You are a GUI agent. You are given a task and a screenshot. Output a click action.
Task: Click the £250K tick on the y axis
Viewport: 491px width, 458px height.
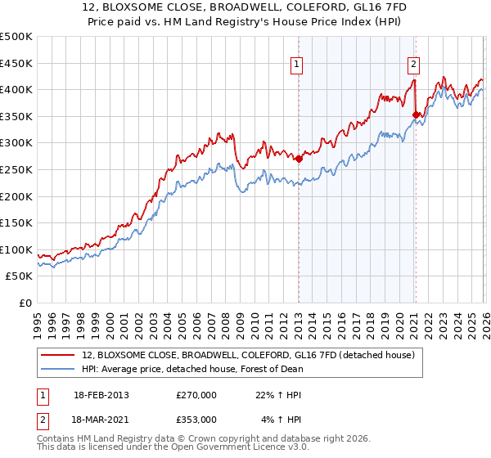click(x=16, y=169)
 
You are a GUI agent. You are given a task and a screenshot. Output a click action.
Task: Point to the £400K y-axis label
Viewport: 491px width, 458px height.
click(x=16, y=89)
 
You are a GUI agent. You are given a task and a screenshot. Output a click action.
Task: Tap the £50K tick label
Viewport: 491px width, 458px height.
click(x=20, y=276)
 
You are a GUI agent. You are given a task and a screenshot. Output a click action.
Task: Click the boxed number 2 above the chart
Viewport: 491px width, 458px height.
click(x=414, y=63)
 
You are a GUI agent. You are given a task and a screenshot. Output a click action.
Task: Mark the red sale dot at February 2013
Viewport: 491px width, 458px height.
click(x=299, y=159)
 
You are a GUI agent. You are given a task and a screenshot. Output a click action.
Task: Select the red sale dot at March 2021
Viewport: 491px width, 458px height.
click(x=416, y=114)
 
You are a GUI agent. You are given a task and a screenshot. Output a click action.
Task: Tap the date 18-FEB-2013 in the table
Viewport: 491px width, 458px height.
click(x=101, y=394)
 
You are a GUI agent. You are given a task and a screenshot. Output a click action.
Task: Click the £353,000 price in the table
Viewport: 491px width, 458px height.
click(x=196, y=419)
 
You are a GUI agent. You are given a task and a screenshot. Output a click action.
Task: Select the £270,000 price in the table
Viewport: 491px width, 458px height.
click(x=196, y=394)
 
